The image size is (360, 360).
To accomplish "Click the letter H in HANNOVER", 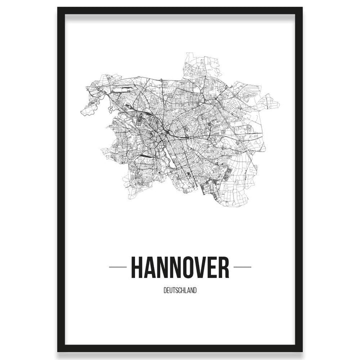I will tap(136, 267).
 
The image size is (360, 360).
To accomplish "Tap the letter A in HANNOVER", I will tap(149, 267).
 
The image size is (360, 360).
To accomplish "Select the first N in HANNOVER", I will tap(162, 267).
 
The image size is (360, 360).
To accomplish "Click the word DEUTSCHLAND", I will tap(180, 289).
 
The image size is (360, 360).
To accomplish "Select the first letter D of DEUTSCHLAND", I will tap(165, 289).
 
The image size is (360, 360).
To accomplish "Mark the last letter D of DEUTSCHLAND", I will tap(195, 289).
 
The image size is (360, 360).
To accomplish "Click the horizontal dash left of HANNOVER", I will tap(117, 267).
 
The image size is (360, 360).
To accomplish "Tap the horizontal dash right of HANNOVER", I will tap(242, 267).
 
